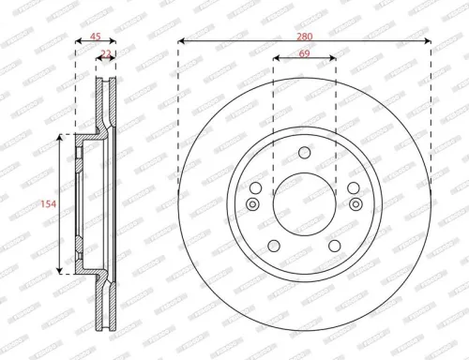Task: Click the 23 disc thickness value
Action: click(106, 55)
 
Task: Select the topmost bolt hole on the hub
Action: click(304, 154)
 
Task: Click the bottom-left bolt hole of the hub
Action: click(272, 245)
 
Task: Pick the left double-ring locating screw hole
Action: click(252, 205)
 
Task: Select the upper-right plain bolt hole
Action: click(354, 187)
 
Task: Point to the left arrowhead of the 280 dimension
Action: click(180, 40)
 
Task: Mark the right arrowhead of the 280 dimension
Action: click(428, 40)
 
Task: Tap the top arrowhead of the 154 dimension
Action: click(63, 138)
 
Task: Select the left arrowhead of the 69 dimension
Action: click(276, 58)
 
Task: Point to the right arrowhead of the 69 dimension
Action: click(333, 58)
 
